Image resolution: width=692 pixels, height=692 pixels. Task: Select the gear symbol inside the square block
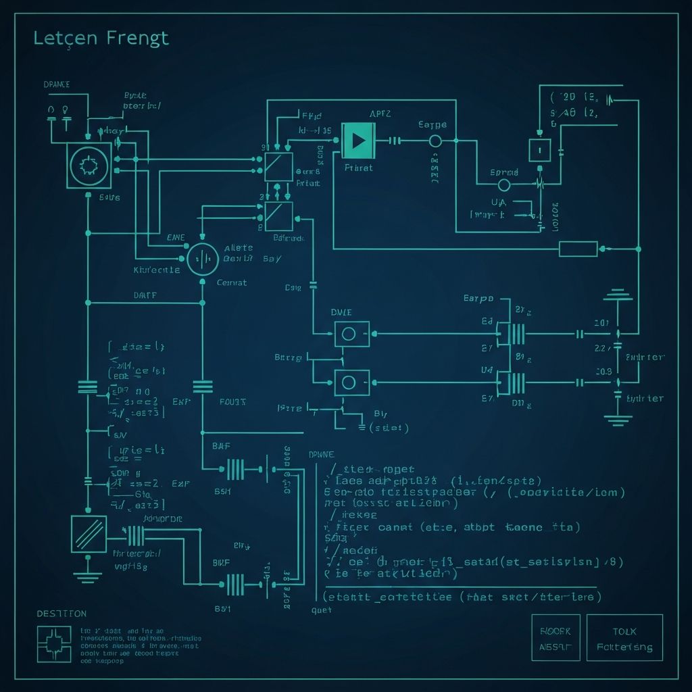89,165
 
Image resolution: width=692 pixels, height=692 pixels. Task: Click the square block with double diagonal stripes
89,534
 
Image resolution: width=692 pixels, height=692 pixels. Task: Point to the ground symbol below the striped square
88,575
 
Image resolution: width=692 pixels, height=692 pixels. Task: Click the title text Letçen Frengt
101,39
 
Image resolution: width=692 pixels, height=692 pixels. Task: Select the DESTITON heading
61,614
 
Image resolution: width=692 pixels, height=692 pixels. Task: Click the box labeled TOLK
624,637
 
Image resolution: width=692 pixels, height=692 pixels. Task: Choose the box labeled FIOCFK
555,637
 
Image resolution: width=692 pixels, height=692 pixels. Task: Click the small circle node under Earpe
435,141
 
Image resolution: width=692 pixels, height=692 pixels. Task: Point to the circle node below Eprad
503,185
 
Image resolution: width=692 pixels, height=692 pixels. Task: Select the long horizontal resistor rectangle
578,249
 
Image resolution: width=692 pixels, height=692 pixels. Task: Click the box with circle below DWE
352,333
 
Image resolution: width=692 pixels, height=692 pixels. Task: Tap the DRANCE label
57,84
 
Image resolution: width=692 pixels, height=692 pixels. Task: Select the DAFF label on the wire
145,295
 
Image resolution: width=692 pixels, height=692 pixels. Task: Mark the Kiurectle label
157,270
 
